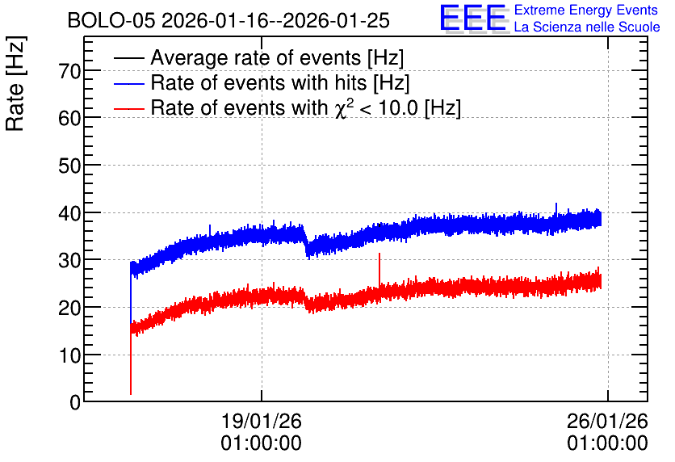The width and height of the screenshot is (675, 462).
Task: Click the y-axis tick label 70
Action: coord(69,71)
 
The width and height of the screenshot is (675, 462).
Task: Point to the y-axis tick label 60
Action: coord(69,118)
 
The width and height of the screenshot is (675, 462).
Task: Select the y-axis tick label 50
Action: coord(69,166)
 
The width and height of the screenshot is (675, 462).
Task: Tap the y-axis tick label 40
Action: coord(69,213)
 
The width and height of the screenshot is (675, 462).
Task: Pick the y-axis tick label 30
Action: coord(69,260)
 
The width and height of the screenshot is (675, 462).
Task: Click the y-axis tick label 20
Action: coord(69,308)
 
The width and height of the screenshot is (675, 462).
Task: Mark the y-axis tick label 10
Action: coord(69,355)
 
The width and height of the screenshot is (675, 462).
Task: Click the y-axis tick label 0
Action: coord(75,402)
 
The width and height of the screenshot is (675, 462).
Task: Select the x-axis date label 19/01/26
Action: coord(262,421)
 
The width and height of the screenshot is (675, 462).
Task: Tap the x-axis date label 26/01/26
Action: coord(607,421)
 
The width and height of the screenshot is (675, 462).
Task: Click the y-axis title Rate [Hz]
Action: coord(15,83)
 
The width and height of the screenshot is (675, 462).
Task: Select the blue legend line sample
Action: coord(129,83)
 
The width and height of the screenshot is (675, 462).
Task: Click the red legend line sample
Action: coord(129,108)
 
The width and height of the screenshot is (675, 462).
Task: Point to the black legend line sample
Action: coord(129,58)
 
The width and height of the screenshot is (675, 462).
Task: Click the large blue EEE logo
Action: coord(474,19)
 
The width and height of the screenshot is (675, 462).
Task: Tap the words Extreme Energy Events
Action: coord(586,10)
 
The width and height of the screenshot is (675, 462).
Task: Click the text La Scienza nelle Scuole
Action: coord(587,27)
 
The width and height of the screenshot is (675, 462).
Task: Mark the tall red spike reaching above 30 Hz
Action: coord(379,271)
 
